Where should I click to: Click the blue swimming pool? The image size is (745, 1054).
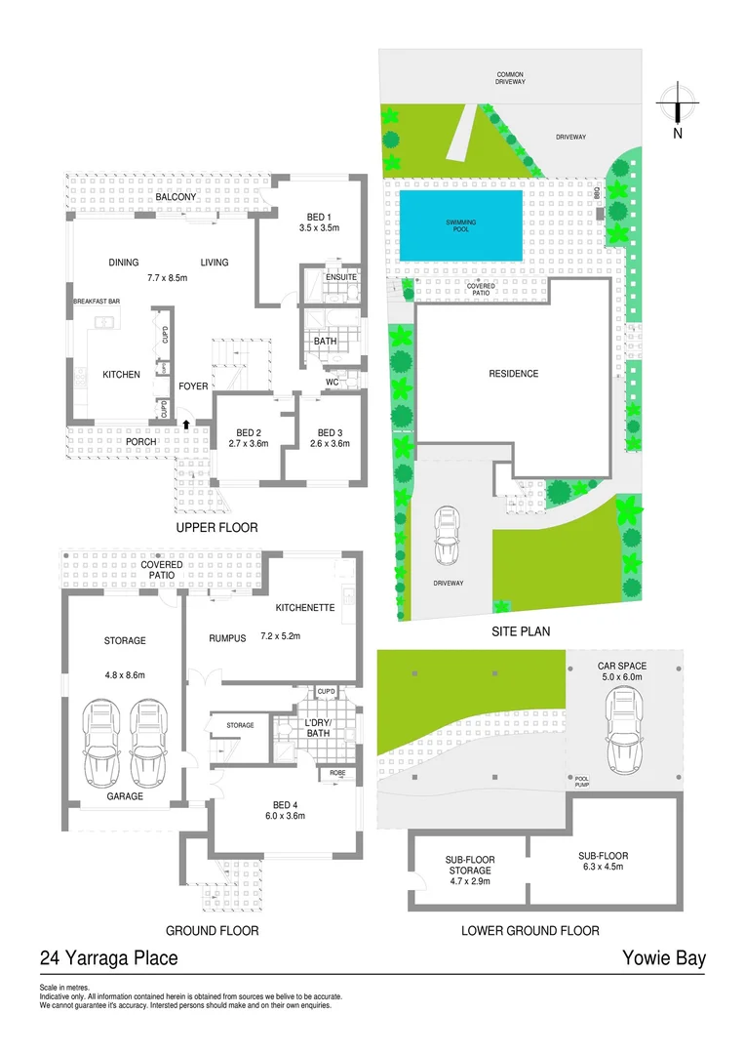tap(460, 225)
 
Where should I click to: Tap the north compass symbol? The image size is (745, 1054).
tap(676, 101)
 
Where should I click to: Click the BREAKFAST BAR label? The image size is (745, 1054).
tap(96, 302)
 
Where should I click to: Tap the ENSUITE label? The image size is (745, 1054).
tap(340, 278)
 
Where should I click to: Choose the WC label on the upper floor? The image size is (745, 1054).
tap(332, 382)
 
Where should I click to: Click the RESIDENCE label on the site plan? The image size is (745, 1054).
tap(513, 374)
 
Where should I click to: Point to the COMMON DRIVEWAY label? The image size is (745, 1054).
tap(511, 78)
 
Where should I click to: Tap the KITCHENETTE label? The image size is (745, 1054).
tap(305, 607)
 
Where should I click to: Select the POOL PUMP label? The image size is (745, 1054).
tap(582, 782)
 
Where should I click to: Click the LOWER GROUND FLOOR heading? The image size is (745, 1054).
tap(529, 931)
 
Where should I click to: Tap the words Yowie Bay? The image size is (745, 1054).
tap(663, 958)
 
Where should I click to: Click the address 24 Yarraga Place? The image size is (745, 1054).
tap(109, 958)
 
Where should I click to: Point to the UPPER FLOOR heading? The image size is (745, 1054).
tap(216, 528)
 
